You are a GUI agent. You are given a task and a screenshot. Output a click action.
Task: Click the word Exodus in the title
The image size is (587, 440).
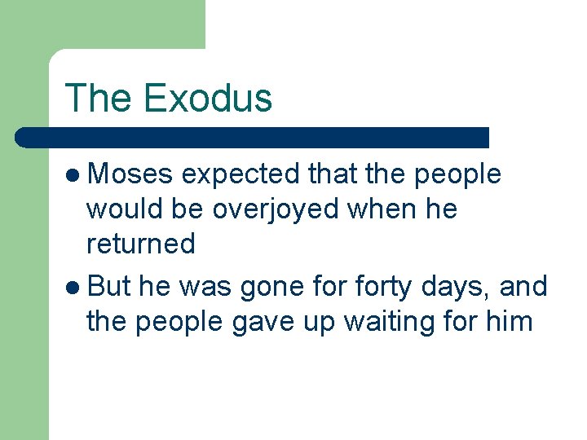207,98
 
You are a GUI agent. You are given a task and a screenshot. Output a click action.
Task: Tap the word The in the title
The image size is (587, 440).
98,98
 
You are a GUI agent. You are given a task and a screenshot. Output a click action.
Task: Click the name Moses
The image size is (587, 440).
130,174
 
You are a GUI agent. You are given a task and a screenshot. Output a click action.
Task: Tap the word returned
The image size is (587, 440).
140,244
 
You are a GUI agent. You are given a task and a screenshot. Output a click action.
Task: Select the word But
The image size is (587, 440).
109,287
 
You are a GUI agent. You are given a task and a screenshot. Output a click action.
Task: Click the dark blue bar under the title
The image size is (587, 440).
253,137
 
